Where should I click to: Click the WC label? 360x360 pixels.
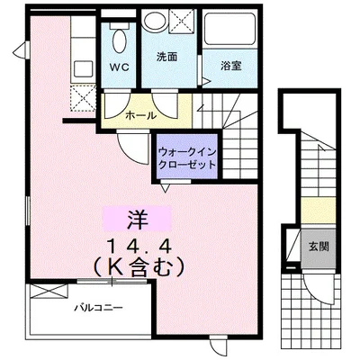coord(118,67)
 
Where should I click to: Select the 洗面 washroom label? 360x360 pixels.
coord(166,57)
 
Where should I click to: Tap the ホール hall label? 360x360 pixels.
coord(140,115)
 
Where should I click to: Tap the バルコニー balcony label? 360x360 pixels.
coord(99,307)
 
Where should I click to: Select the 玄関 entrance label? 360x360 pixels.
coord(317,245)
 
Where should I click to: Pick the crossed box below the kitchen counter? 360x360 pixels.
coord(83,96)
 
